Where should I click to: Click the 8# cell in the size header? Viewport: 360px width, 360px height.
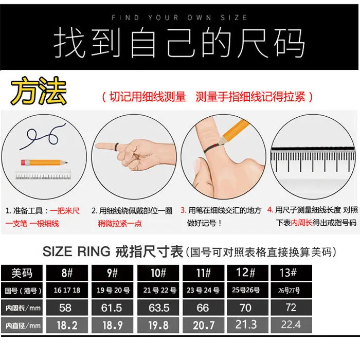tap(67, 273)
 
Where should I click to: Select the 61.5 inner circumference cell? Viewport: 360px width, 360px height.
tap(112, 308)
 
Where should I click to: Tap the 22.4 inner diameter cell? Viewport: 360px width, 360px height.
tap(291, 325)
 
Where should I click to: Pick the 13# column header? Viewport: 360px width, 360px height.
tap(291, 273)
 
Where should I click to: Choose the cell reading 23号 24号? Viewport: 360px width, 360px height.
tap(203, 290)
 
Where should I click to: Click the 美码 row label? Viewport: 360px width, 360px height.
tap(22, 273)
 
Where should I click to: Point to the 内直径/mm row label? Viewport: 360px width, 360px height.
tap(22, 325)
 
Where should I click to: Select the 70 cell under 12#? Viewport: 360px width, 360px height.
tap(247, 308)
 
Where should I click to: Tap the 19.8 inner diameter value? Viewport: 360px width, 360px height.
tap(158, 325)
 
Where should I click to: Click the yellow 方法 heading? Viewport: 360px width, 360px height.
tap(39, 91)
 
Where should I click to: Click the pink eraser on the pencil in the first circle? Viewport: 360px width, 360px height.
tap(24, 163)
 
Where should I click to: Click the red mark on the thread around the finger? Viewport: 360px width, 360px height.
tap(215, 145)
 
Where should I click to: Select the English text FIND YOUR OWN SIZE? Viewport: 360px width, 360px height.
tap(179, 17)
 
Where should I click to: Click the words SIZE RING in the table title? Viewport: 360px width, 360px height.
tap(77, 251)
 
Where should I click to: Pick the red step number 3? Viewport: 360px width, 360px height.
tap(183, 210)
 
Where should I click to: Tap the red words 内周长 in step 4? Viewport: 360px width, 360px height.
tap(301, 223)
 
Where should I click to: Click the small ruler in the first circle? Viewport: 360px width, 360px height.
tap(43, 175)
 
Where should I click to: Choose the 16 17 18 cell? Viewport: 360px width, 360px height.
tap(67, 290)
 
